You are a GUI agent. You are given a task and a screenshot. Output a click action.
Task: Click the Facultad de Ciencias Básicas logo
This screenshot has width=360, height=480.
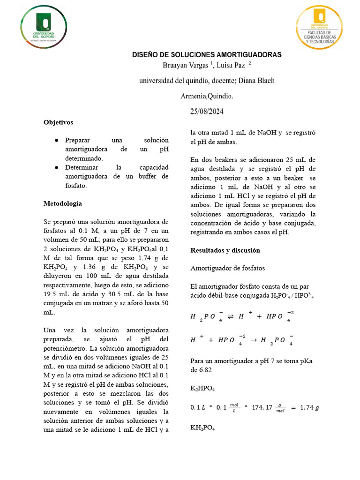tap(319, 27)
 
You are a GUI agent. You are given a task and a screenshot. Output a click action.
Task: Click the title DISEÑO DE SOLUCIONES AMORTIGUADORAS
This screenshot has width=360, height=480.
tap(207, 55)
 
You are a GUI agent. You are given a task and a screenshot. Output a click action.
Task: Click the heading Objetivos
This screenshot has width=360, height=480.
tap(58, 122)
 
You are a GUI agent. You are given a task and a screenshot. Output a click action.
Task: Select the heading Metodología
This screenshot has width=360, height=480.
tap(62, 204)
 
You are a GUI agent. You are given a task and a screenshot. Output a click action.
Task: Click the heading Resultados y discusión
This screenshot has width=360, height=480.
tap(225, 250)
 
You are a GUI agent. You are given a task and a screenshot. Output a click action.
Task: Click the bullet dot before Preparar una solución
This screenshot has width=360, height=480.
tap(56, 141)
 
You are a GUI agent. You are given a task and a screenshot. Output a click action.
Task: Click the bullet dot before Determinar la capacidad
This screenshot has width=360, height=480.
tap(56, 168)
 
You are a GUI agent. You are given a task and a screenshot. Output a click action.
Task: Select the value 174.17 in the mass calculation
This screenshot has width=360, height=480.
tap(270, 407)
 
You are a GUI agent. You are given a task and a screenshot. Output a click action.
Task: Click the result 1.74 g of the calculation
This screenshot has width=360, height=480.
tap(310, 407)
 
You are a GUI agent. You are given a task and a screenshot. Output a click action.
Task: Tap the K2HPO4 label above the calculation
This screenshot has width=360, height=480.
tap(202, 389)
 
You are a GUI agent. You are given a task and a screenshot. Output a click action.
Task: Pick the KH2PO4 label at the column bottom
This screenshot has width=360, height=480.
tap(202, 428)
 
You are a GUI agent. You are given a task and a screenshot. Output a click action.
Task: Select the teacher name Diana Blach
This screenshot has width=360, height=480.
tap(257, 81)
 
